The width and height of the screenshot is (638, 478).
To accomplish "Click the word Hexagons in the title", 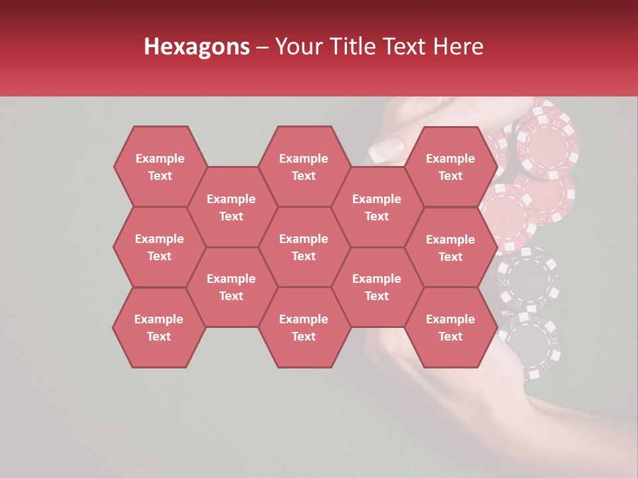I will pos(197,46).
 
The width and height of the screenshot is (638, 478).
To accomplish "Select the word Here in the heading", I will pos(458,46).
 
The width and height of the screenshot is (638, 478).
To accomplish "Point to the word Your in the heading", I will pos(298,46).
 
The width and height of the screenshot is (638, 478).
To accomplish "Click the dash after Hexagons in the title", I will pos(262,46).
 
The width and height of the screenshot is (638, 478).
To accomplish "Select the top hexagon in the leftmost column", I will pos(159,167).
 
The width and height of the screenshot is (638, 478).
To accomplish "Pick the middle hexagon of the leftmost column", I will pos(159,247).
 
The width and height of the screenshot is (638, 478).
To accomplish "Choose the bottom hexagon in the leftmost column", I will pos(159,327).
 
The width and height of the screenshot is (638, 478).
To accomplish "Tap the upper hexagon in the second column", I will pos(231,207).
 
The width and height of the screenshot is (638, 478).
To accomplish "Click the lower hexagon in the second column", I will pos(231,287).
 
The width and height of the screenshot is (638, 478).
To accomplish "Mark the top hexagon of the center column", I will pos(304,167).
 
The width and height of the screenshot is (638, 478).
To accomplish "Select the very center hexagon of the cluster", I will pos(304,247).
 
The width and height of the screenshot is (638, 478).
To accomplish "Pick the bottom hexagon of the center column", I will pos(304,327).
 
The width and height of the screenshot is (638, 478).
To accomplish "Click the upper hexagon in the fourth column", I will pos(377,207).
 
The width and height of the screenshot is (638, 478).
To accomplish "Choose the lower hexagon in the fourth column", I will pos(377,287).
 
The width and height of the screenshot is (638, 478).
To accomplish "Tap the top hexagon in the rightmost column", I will pos(451,167).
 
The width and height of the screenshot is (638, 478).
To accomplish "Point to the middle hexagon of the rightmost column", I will pos(451,248).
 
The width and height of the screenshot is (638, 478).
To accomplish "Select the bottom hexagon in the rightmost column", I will pos(451,327).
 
